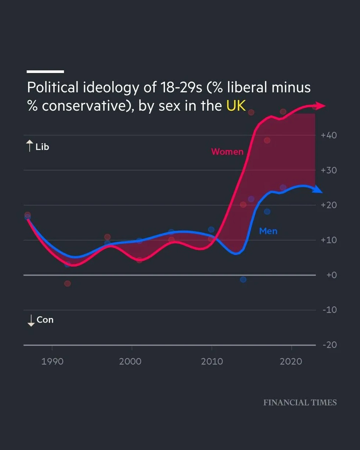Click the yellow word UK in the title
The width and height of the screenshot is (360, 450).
(x=235, y=106)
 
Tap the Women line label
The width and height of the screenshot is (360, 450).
(x=227, y=151)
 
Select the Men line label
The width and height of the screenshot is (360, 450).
(x=268, y=231)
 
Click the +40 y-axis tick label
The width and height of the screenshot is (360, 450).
(x=329, y=135)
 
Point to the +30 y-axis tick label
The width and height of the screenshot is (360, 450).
(x=329, y=170)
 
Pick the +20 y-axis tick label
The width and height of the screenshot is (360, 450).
(x=329, y=205)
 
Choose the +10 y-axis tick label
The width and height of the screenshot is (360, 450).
(x=329, y=240)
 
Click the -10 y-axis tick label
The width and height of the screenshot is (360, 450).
(x=329, y=310)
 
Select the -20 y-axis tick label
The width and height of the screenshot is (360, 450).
(x=329, y=345)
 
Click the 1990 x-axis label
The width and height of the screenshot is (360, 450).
(x=52, y=361)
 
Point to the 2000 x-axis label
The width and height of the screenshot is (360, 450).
(x=130, y=361)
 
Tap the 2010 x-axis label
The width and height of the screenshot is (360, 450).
(x=212, y=361)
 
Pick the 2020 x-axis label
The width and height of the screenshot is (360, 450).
(x=291, y=361)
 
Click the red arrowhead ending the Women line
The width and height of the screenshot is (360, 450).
(x=321, y=106)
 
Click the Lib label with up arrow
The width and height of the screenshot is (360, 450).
(x=38, y=147)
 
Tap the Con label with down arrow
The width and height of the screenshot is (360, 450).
(x=41, y=320)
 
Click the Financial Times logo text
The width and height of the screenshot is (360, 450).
(x=300, y=403)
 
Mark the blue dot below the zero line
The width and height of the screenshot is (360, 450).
(x=243, y=280)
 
